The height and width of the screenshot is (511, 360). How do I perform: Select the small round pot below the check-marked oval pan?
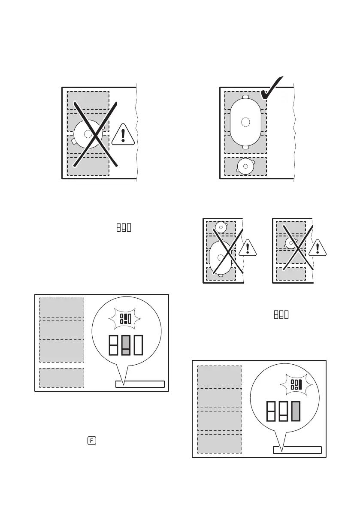tap(245, 166)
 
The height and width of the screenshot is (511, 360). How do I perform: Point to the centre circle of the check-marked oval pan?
tap(245, 122)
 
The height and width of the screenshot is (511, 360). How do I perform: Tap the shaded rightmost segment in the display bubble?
tap(295, 411)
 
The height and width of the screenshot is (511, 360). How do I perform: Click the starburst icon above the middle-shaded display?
tap(125, 318)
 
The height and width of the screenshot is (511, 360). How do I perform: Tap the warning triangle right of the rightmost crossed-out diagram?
tap(318, 248)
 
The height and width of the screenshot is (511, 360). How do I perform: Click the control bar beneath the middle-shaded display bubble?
tap(140, 384)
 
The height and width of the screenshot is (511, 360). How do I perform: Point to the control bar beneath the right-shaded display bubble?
tap(297, 450)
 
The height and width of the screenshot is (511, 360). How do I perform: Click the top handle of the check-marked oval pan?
tap(245, 97)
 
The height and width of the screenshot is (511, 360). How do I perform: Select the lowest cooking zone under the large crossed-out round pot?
tap(88, 166)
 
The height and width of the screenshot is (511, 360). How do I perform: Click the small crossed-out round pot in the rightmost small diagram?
tap(290, 244)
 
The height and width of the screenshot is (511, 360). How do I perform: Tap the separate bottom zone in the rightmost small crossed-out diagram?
tap(290, 274)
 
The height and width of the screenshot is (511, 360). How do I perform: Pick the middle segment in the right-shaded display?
tap(283, 411)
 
